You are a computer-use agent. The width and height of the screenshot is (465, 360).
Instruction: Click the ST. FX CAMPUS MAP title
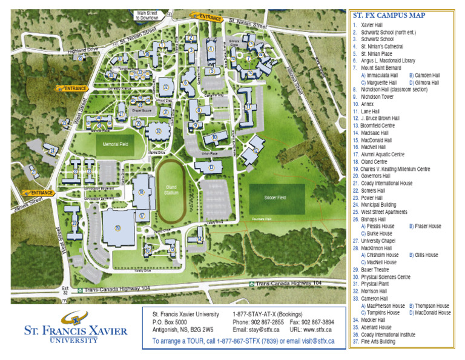(x=389, y=16)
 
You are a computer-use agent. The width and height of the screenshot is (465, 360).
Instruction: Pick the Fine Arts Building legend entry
(x=378, y=341)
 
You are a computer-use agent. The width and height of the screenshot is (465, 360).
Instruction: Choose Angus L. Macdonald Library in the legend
(x=387, y=61)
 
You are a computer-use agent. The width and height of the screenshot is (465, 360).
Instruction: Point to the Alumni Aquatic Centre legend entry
(x=382, y=155)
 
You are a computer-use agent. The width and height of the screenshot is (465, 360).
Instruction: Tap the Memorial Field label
(x=114, y=144)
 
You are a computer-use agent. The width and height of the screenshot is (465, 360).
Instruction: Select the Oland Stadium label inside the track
(x=171, y=190)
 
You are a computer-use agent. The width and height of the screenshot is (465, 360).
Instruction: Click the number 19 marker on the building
(x=117, y=228)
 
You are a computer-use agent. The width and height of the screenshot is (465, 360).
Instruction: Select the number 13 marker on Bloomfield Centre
(x=211, y=167)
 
